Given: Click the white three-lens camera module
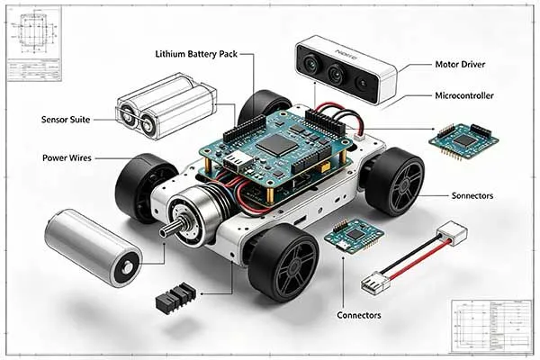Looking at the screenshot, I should click(346, 69).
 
